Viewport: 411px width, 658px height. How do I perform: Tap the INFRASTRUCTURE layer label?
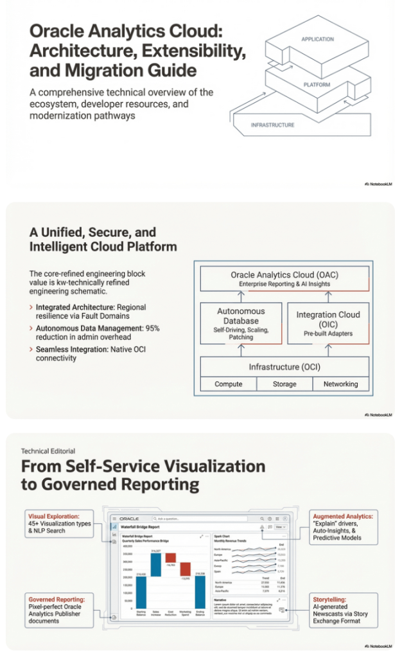[272, 125]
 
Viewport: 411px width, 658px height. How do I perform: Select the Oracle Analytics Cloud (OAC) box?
[284, 279]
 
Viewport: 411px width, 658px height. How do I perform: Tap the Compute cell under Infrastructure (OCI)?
[228, 384]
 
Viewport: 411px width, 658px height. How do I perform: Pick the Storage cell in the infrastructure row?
[284, 384]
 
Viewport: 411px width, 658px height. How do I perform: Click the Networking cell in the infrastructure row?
[341, 384]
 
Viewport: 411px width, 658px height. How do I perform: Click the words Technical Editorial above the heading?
[48, 451]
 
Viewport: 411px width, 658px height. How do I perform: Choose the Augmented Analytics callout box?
[343, 527]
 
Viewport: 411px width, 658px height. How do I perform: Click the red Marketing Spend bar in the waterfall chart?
[184, 569]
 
